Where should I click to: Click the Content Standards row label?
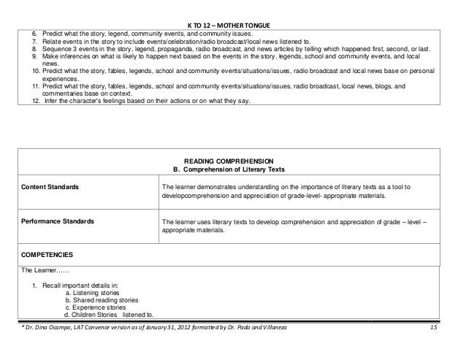[x=50, y=188]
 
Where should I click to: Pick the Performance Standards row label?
[x=58, y=220]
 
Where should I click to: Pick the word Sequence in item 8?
[x=58, y=50]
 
